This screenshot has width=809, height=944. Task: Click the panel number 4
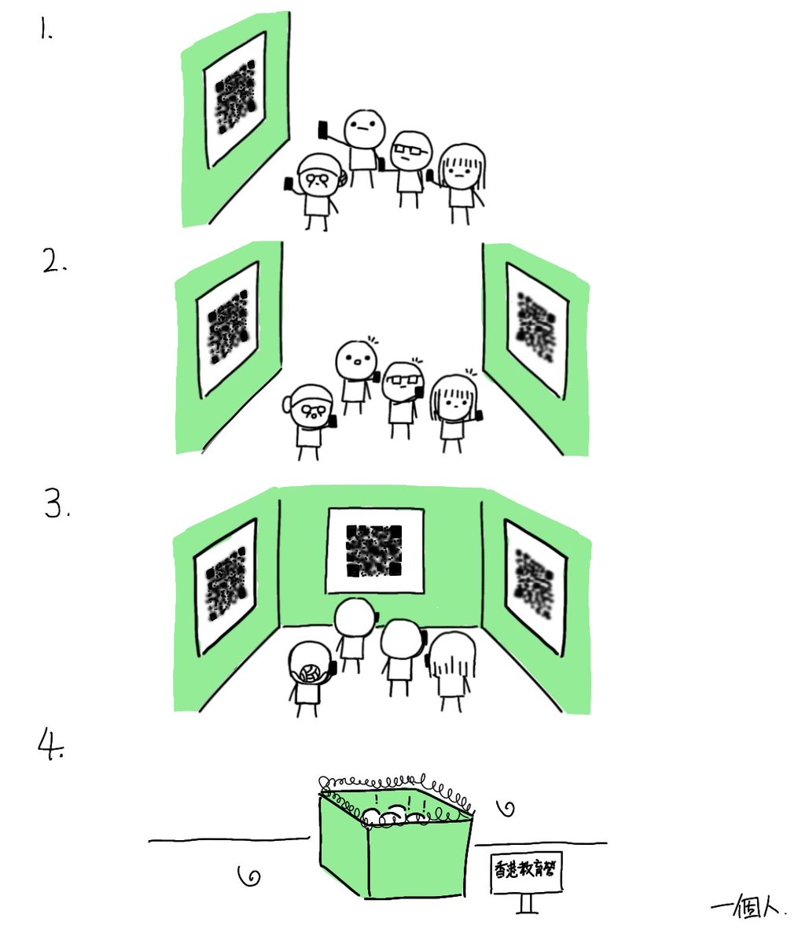point(50,743)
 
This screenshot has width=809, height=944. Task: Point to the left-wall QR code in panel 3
point(225,585)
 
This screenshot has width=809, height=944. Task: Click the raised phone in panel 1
point(322,130)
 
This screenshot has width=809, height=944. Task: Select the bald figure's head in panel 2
point(357,360)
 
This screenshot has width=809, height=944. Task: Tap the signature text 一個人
point(748,905)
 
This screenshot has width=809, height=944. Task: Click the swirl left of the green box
point(249,875)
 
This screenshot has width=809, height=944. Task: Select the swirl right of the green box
point(508,807)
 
